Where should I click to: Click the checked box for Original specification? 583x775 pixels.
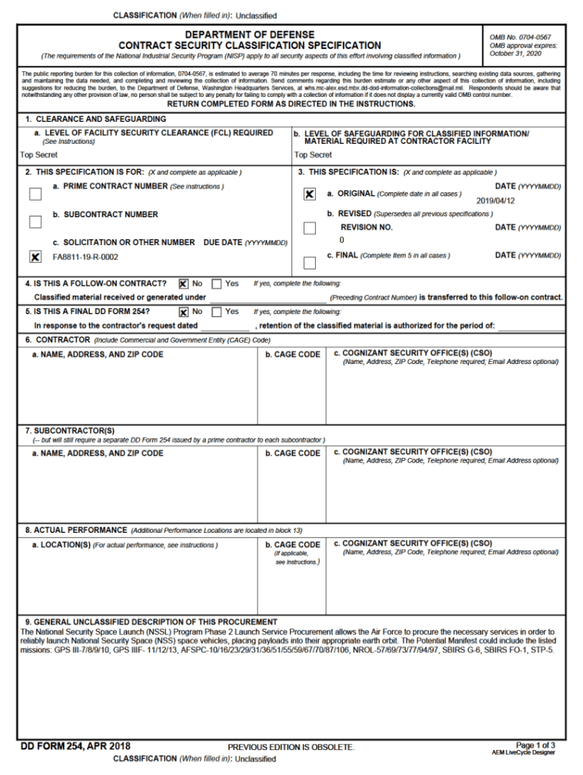(309, 195)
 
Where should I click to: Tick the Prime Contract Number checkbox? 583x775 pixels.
(35, 194)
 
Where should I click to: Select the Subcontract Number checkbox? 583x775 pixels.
(35, 222)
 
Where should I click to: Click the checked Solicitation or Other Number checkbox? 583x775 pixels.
(35, 257)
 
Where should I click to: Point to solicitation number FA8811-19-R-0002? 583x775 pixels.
(85, 257)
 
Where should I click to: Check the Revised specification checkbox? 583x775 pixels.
(309, 228)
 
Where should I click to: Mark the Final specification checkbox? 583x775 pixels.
(309, 263)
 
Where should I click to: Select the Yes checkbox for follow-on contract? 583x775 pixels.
(217, 284)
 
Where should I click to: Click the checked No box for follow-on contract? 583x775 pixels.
(183, 284)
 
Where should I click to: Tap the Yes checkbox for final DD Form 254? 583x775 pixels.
(217, 311)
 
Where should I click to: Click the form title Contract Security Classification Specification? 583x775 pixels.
(250, 45)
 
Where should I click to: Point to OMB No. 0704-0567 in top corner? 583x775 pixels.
(520, 37)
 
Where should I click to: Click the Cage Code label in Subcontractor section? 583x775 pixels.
(292, 453)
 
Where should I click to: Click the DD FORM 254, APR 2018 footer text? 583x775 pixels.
(75, 746)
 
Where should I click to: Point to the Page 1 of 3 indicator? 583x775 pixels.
(535, 745)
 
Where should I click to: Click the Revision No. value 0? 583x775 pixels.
(341, 240)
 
